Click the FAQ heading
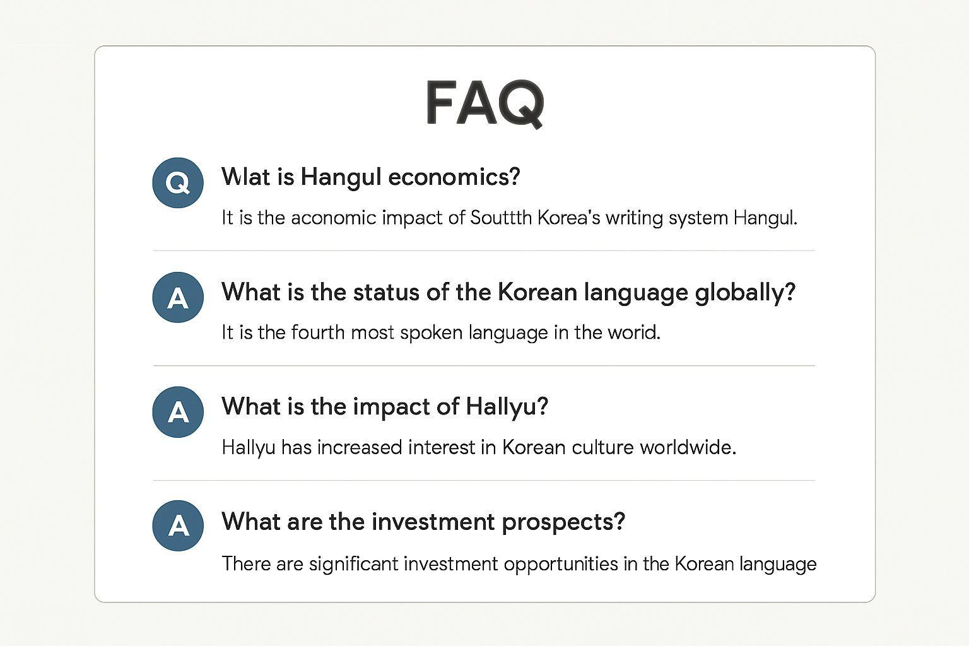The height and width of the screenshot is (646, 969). tap(484, 103)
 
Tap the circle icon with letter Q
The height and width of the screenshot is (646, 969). tap(178, 183)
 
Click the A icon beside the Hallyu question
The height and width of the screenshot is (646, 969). tap(178, 412)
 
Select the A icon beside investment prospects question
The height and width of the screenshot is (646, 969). tap(178, 526)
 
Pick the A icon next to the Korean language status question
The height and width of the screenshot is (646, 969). tap(178, 297)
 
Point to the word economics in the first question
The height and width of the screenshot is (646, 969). tap(454, 177)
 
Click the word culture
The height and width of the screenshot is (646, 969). tap(602, 447)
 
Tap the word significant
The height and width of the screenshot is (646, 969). tap(353, 563)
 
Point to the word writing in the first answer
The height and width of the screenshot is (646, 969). tap(634, 218)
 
